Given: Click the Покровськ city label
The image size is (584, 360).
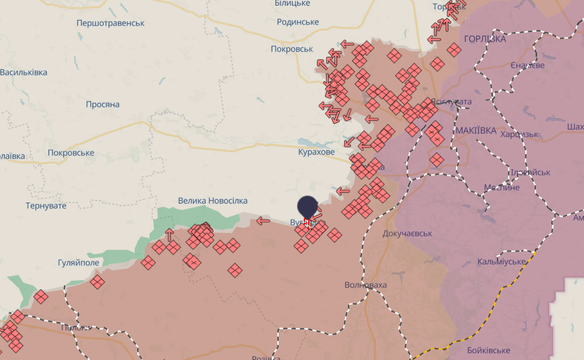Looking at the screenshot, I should (x=292, y=49).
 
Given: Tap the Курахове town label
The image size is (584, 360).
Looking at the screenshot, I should (x=316, y=152).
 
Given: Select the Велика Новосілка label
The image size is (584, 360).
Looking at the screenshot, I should (x=213, y=201).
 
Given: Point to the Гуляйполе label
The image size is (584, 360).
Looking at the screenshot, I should (x=79, y=263).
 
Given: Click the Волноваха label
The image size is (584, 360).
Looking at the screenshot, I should (x=366, y=285).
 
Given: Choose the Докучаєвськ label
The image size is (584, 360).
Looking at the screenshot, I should (x=407, y=233).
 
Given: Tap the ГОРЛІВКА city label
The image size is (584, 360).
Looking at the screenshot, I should (x=485, y=39).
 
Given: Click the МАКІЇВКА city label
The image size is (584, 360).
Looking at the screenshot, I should (x=476, y=131).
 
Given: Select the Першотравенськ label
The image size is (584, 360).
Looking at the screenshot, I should (x=111, y=23).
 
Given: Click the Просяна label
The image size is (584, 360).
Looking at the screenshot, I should (x=103, y=104).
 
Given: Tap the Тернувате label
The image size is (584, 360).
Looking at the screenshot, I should (x=46, y=206).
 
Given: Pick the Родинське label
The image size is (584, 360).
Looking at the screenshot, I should (x=298, y=22).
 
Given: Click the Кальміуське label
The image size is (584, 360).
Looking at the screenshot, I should (x=501, y=262).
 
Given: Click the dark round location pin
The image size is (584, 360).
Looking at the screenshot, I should (x=307, y=206).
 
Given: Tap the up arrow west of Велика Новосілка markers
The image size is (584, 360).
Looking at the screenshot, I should (x=170, y=235).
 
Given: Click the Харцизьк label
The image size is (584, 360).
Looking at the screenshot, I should (x=519, y=135).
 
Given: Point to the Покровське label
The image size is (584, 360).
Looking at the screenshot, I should (x=71, y=153).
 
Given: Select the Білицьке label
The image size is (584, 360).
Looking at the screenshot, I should (x=292, y=4).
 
